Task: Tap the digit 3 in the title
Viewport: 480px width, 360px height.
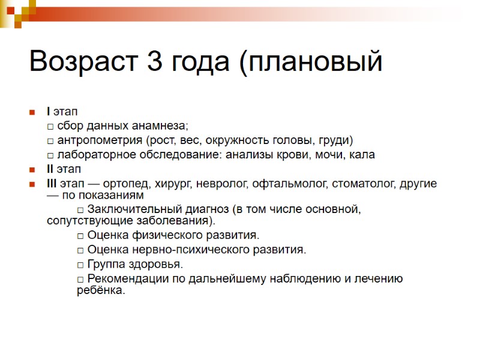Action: [x=154, y=62]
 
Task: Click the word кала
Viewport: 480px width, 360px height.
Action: [x=363, y=155]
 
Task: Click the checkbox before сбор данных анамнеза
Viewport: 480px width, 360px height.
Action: [x=50, y=127]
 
